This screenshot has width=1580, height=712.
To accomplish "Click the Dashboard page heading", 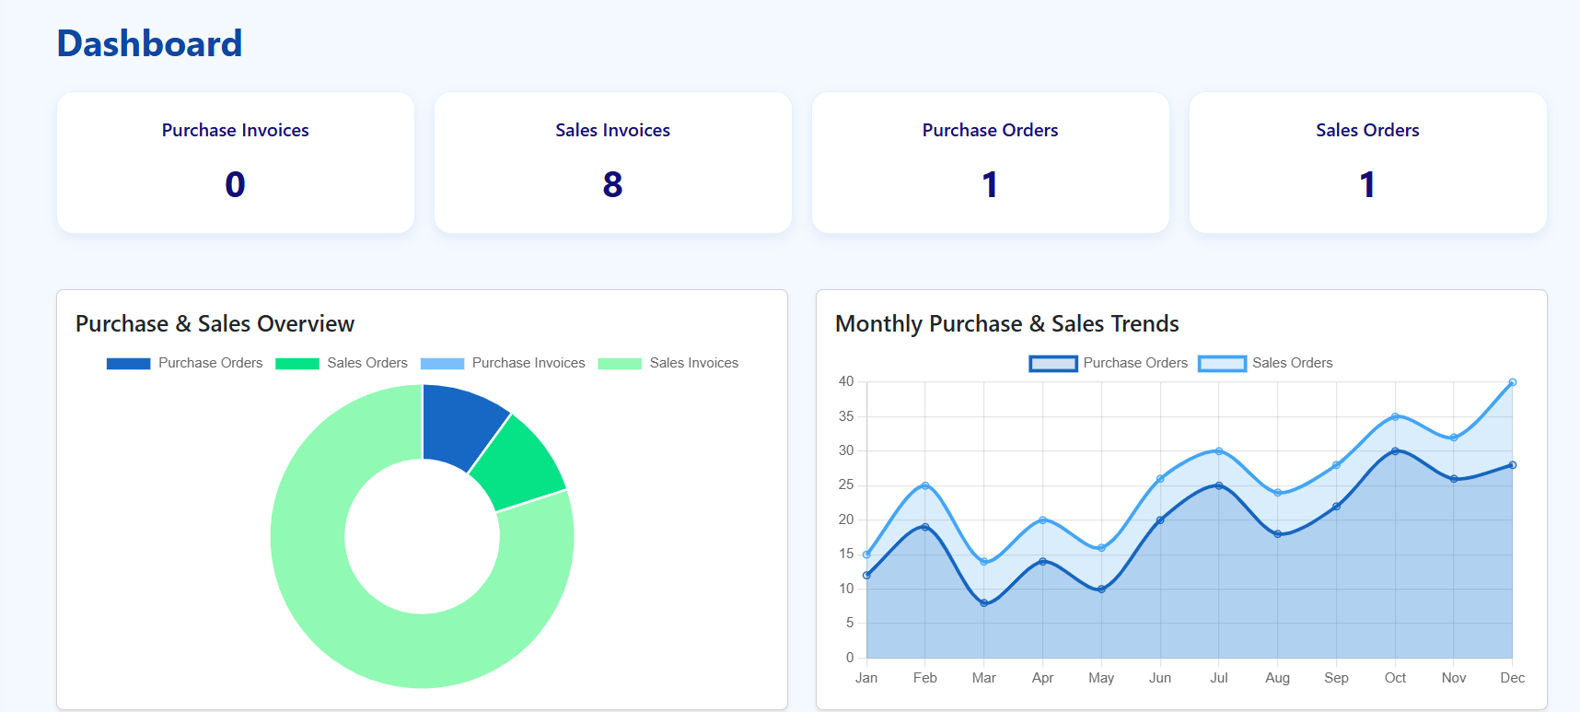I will (x=149, y=44).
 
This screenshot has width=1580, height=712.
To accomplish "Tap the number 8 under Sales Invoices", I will (x=612, y=185).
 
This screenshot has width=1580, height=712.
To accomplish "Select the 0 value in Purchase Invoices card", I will (x=235, y=185).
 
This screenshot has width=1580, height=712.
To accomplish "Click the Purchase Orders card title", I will (x=990, y=131).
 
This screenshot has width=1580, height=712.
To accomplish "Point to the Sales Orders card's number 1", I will (x=1367, y=185).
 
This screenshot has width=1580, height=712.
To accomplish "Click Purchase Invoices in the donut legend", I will (x=528, y=363).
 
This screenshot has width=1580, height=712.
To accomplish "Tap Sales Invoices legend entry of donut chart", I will (x=693, y=363).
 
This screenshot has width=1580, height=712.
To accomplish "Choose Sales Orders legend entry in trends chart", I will (x=1291, y=363).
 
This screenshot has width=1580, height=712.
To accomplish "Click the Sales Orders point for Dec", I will (x=1512, y=382).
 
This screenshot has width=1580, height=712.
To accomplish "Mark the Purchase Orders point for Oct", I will (x=1395, y=451).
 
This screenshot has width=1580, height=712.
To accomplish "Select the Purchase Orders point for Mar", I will (x=984, y=603).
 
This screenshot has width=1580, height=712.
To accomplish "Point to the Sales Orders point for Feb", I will (x=925, y=485).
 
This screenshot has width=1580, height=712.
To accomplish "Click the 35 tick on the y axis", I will (x=845, y=416).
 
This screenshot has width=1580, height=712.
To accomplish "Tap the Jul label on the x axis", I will (x=1218, y=678).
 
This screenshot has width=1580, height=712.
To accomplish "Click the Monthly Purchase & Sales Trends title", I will (x=1006, y=324).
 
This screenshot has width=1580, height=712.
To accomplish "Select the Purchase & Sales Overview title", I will (x=215, y=324).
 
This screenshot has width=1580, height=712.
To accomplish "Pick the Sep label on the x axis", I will (x=1336, y=678).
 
